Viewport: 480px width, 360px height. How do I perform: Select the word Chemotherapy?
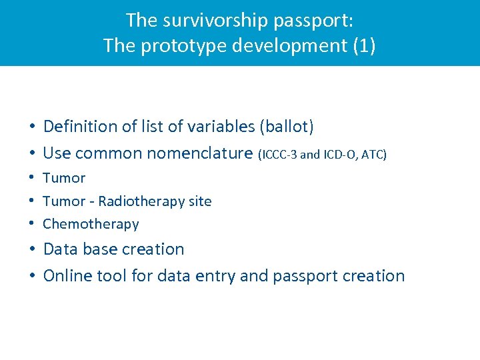tap(91, 225)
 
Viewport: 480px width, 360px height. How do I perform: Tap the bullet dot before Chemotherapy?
tap(32, 224)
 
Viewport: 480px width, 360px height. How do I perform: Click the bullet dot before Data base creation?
tap(32, 250)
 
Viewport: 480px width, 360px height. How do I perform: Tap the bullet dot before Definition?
tap(32, 127)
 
